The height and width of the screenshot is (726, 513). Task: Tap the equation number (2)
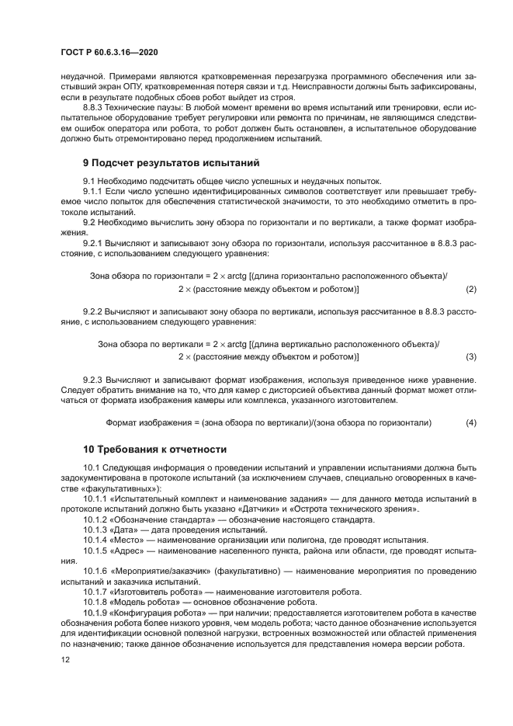point(470,290)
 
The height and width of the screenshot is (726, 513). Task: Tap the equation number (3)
point(470,357)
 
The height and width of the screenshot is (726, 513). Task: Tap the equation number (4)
point(470,423)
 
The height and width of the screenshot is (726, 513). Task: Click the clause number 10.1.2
point(98,519)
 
